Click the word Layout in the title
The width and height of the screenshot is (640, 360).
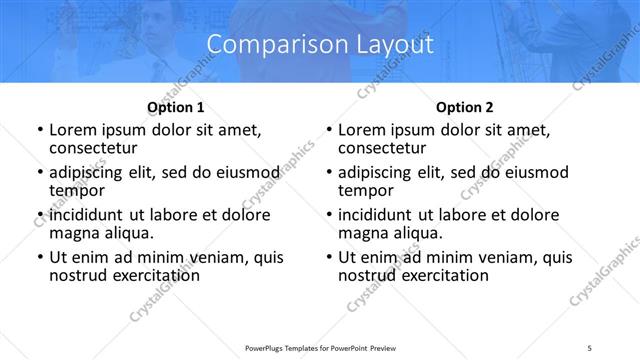393,44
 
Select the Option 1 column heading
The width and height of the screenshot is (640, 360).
176,107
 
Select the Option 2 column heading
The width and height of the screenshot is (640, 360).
465,107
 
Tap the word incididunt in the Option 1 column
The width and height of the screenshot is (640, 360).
87,215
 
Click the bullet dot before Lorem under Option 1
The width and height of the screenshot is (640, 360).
40,131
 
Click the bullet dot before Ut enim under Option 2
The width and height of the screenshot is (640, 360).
329,257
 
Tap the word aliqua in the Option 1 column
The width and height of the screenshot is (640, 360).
126,233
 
